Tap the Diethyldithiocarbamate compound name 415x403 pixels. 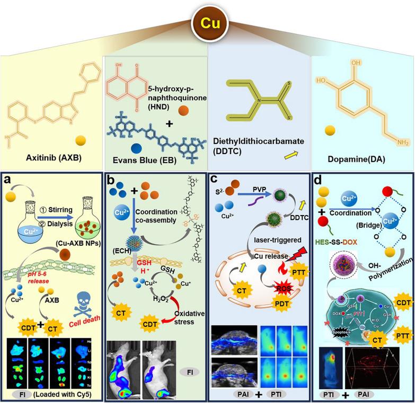[257, 140]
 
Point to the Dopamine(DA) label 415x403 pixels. [356, 158]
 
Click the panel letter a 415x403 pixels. [9, 179]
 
